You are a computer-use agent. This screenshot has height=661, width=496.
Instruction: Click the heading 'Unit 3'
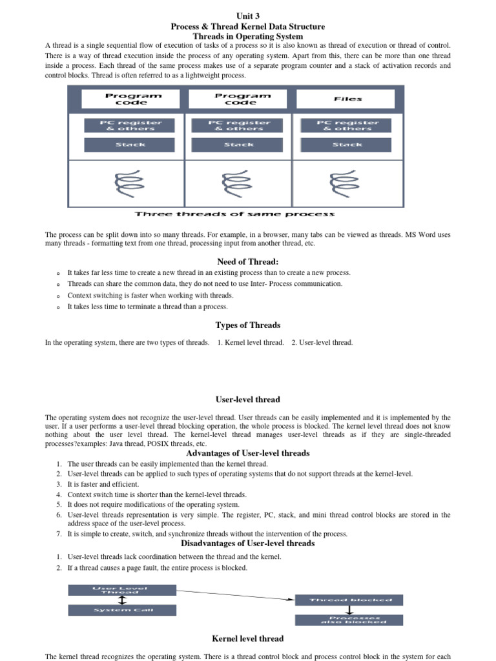point(248,16)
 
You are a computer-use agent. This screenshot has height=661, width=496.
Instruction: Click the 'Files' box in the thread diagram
point(347,99)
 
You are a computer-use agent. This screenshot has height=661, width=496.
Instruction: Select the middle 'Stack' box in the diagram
point(238,145)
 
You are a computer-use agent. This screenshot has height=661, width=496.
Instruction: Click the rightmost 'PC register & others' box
point(347,125)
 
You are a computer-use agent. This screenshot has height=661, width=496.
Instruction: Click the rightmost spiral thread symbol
point(346,183)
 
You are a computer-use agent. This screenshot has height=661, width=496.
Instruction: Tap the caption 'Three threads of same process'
point(234,214)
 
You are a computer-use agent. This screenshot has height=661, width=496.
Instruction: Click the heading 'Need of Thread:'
point(248,261)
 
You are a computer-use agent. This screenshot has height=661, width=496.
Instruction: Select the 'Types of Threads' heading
point(248,325)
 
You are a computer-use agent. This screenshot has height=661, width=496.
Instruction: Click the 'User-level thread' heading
point(248,400)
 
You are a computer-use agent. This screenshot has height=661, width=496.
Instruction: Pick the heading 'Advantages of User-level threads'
point(248,453)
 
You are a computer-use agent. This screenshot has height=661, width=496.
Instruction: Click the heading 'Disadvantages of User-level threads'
point(248,544)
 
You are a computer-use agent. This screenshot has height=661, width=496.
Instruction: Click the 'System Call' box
point(121,610)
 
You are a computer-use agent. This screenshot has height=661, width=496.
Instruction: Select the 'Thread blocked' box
point(349,600)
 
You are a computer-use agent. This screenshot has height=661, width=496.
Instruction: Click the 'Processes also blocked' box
point(349,620)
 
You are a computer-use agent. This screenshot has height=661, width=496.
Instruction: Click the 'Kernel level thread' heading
point(248,638)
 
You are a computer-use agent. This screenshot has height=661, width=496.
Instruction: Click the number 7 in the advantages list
point(58,534)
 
